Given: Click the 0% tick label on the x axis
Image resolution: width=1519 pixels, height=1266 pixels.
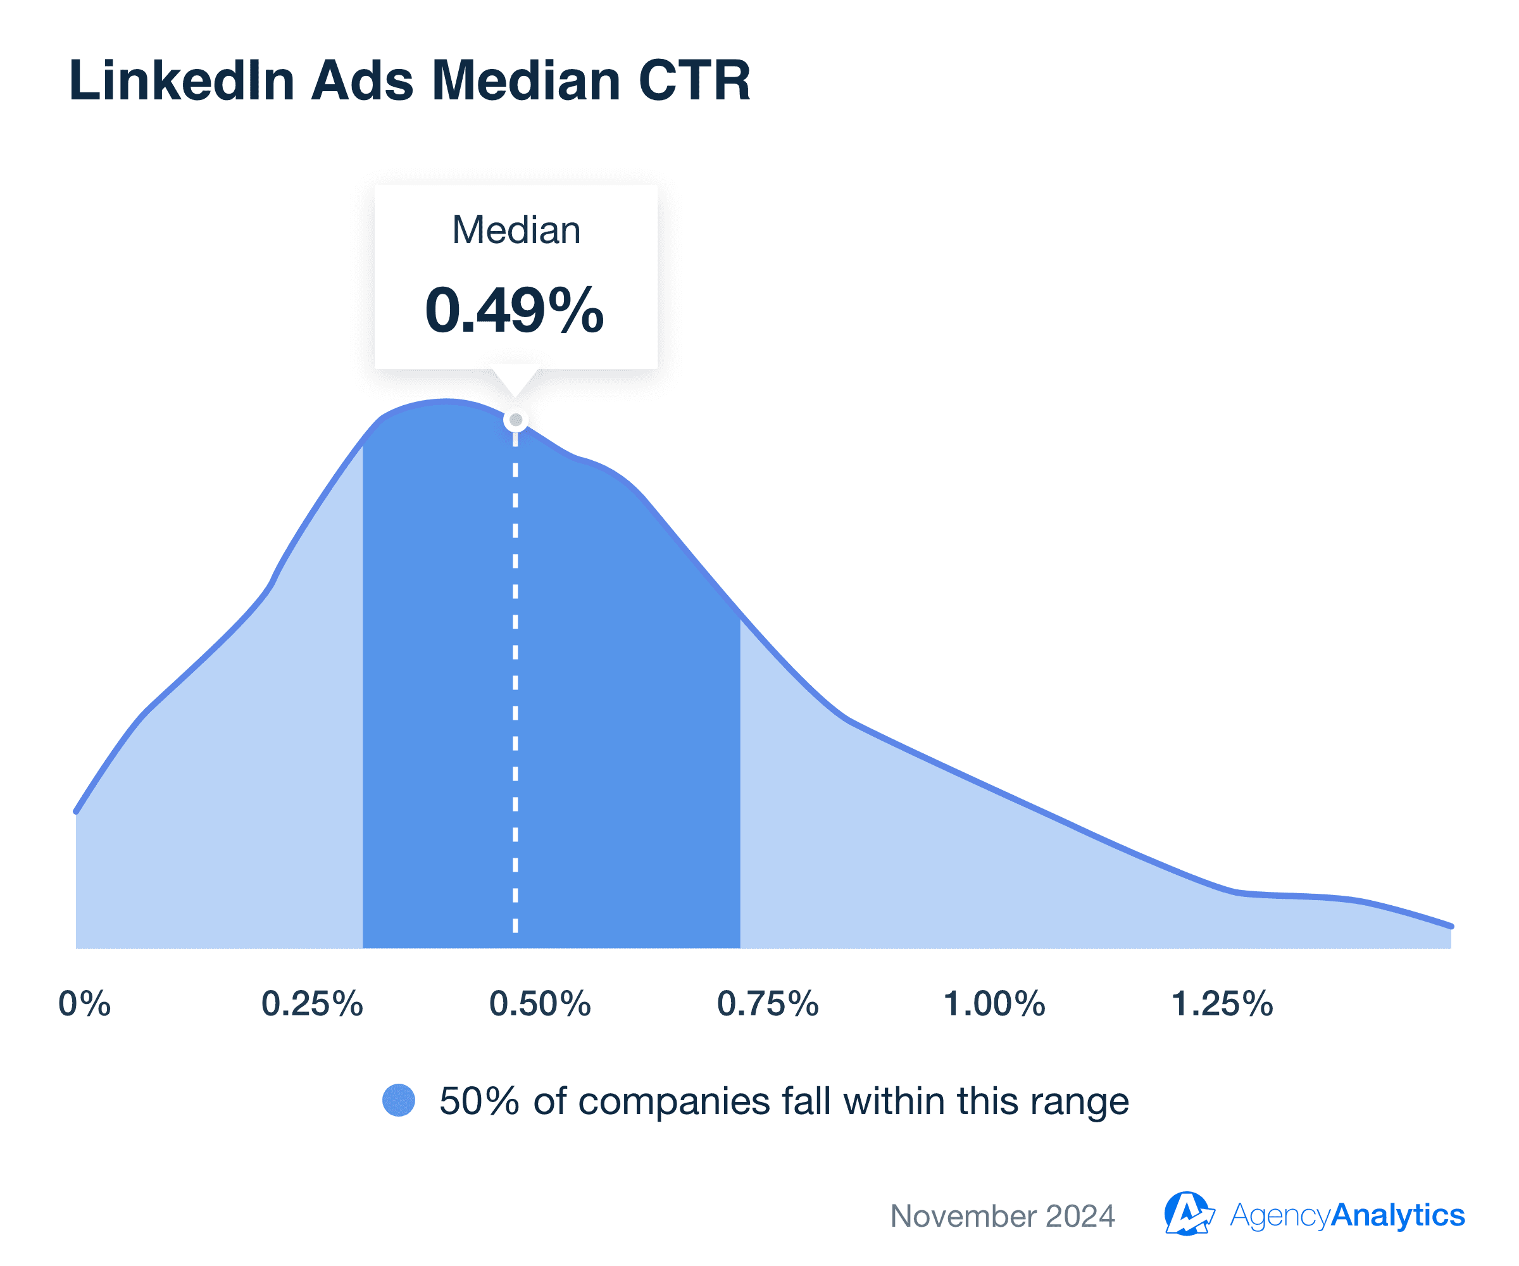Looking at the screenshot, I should [x=85, y=1004].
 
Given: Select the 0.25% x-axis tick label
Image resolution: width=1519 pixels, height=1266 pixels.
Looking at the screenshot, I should [x=312, y=1004].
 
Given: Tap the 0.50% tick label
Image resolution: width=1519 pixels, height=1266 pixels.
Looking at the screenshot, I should [x=540, y=1004].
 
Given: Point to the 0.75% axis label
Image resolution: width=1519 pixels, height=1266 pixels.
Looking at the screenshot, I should [x=768, y=1004].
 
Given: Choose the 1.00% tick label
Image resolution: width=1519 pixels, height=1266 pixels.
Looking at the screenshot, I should [x=994, y=1004].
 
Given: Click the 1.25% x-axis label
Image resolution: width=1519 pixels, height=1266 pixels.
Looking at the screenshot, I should [x=1222, y=1004].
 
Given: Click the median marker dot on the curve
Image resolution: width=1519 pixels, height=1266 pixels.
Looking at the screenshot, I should [x=516, y=420].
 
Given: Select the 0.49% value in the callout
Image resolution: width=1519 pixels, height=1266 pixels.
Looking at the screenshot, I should [x=515, y=310].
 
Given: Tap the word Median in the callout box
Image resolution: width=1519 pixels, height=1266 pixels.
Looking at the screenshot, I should [x=516, y=231].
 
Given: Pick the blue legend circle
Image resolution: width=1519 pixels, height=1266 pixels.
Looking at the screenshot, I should [x=399, y=1100].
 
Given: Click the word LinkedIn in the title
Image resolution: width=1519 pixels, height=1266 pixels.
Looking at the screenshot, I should [x=182, y=80].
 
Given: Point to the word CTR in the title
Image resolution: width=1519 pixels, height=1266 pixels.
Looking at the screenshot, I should [x=694, y=80].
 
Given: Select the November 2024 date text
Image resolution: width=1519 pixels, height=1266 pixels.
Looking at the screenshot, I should [x=1003, y=1216].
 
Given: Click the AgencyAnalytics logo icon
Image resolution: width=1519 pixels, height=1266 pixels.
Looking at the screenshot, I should [x=1188, y=1214].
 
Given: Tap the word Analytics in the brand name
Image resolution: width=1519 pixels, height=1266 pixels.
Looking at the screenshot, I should [x=1397, y=1215].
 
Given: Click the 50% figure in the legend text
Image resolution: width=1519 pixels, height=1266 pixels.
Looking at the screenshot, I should [x=479, y=1101].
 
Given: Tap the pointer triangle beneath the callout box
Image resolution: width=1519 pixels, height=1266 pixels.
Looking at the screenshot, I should [x=515, y=380].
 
